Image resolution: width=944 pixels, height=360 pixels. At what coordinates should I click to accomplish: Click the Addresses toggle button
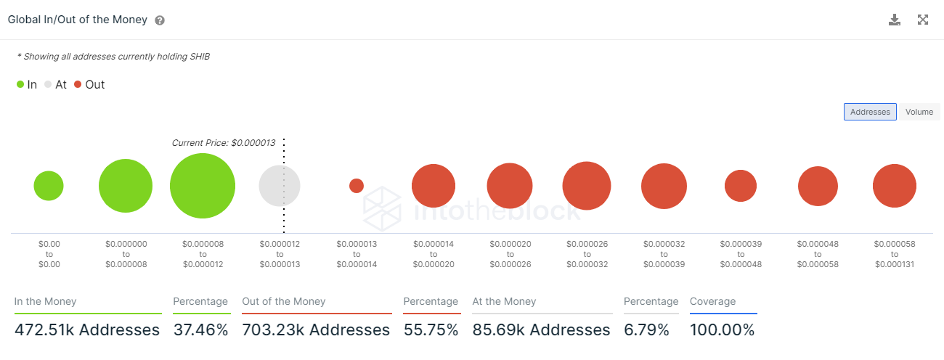coord(870,112)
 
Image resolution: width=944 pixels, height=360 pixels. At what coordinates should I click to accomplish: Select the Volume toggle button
coord(919,112)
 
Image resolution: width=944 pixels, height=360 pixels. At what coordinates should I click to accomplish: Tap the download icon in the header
coord(895,20)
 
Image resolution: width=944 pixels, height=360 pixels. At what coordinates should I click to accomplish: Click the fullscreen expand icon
coord(923,20)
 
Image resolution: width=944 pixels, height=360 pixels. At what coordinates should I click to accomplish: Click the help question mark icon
coord(160,20)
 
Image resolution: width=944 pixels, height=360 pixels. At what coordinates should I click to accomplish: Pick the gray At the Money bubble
coord(280,186)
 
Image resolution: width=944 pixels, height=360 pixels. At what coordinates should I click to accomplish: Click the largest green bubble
coord(203,186)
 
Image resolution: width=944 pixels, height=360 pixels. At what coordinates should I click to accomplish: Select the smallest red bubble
coord(357,186)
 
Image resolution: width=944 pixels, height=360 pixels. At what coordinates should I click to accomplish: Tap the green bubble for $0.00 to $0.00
coord(49,186)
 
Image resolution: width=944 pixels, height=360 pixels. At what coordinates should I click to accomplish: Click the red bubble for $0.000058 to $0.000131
coord(895,186)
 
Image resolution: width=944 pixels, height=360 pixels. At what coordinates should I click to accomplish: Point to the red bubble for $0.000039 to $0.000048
coord(741,186)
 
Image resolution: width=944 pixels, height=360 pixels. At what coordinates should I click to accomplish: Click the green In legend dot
coord(20,85)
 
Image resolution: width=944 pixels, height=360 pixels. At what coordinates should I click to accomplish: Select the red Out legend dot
coord(78,85)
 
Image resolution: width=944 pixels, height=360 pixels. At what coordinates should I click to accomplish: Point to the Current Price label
coord(223,143)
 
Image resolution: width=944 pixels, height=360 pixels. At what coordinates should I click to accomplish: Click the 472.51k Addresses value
coord(87,330)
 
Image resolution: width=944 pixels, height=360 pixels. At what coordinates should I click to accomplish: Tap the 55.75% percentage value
coord(431,330)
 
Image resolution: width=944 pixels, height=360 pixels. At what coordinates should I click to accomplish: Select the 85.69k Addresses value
coord(541,330)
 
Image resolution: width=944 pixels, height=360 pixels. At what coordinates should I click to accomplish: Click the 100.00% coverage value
coord(722,330)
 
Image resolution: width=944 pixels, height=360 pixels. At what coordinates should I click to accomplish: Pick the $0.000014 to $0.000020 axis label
coord(434,254)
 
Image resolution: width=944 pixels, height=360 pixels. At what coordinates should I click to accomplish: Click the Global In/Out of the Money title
coord(78,20)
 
